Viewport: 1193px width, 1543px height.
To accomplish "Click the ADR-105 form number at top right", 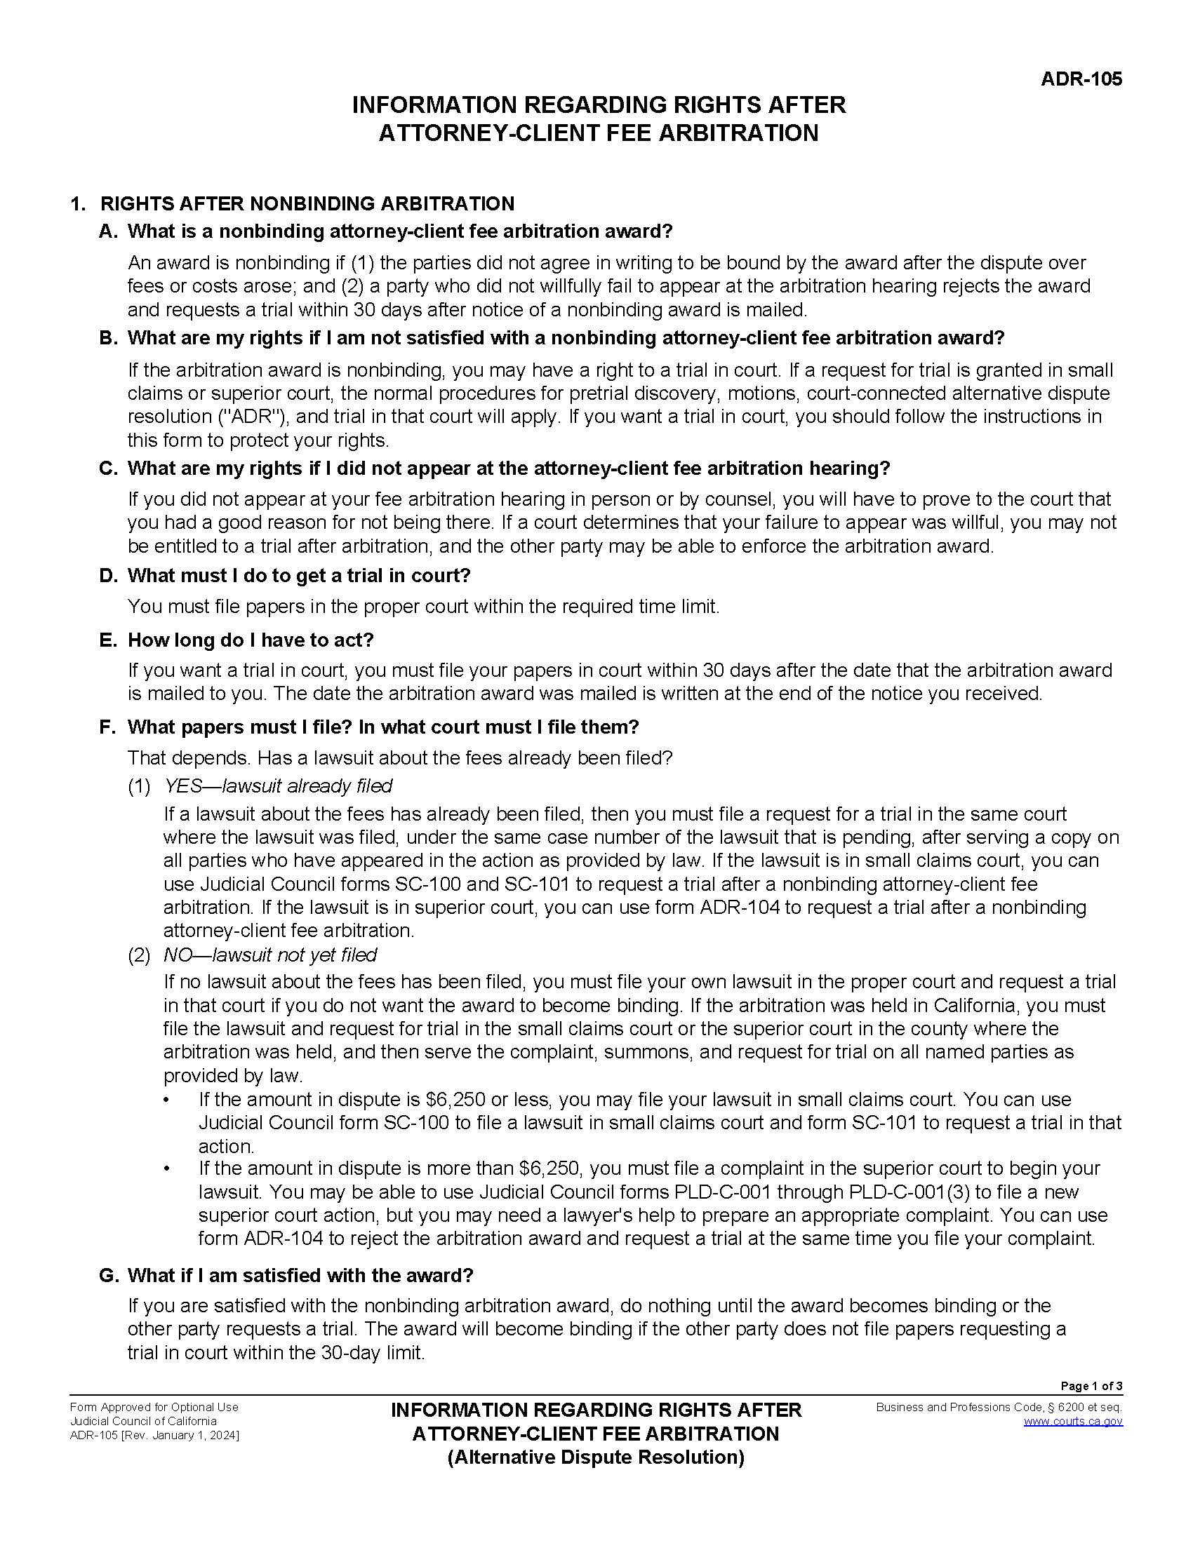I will (x=1081, y=79).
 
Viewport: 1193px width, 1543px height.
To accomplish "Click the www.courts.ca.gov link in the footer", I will (x=1073, y=1421).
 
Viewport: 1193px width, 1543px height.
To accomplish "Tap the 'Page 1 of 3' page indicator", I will (x=1091, y=1385).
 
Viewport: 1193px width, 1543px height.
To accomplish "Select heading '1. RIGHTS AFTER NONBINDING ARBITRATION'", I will (x=292, y=203).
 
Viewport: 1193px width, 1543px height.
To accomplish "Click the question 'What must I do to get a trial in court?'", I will (x=298, y=575).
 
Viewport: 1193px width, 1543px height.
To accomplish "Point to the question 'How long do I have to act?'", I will (x=251, y=640).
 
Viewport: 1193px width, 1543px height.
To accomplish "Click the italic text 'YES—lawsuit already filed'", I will (x=278, y=786).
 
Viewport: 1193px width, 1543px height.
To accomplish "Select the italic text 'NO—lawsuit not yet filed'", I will (x=270, y=955).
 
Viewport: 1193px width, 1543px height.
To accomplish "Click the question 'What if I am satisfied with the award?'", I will (x=300, y=1275).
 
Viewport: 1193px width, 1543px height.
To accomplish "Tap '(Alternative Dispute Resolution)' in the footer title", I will (x=596, y=1457).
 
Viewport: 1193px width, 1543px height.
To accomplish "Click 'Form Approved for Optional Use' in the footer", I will (x=154, y=1407).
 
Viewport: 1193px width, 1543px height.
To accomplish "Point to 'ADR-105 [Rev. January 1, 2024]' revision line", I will (x=154, y=1435).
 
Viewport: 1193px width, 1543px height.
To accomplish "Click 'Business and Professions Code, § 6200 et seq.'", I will (x=999, y=1407).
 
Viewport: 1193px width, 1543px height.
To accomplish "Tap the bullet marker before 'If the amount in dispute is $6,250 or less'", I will (x=168, y=1100).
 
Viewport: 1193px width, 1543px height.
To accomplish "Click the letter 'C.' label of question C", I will (x=108, y=469).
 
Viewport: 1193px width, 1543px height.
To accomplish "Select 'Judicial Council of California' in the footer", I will (x=143, y=1421).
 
